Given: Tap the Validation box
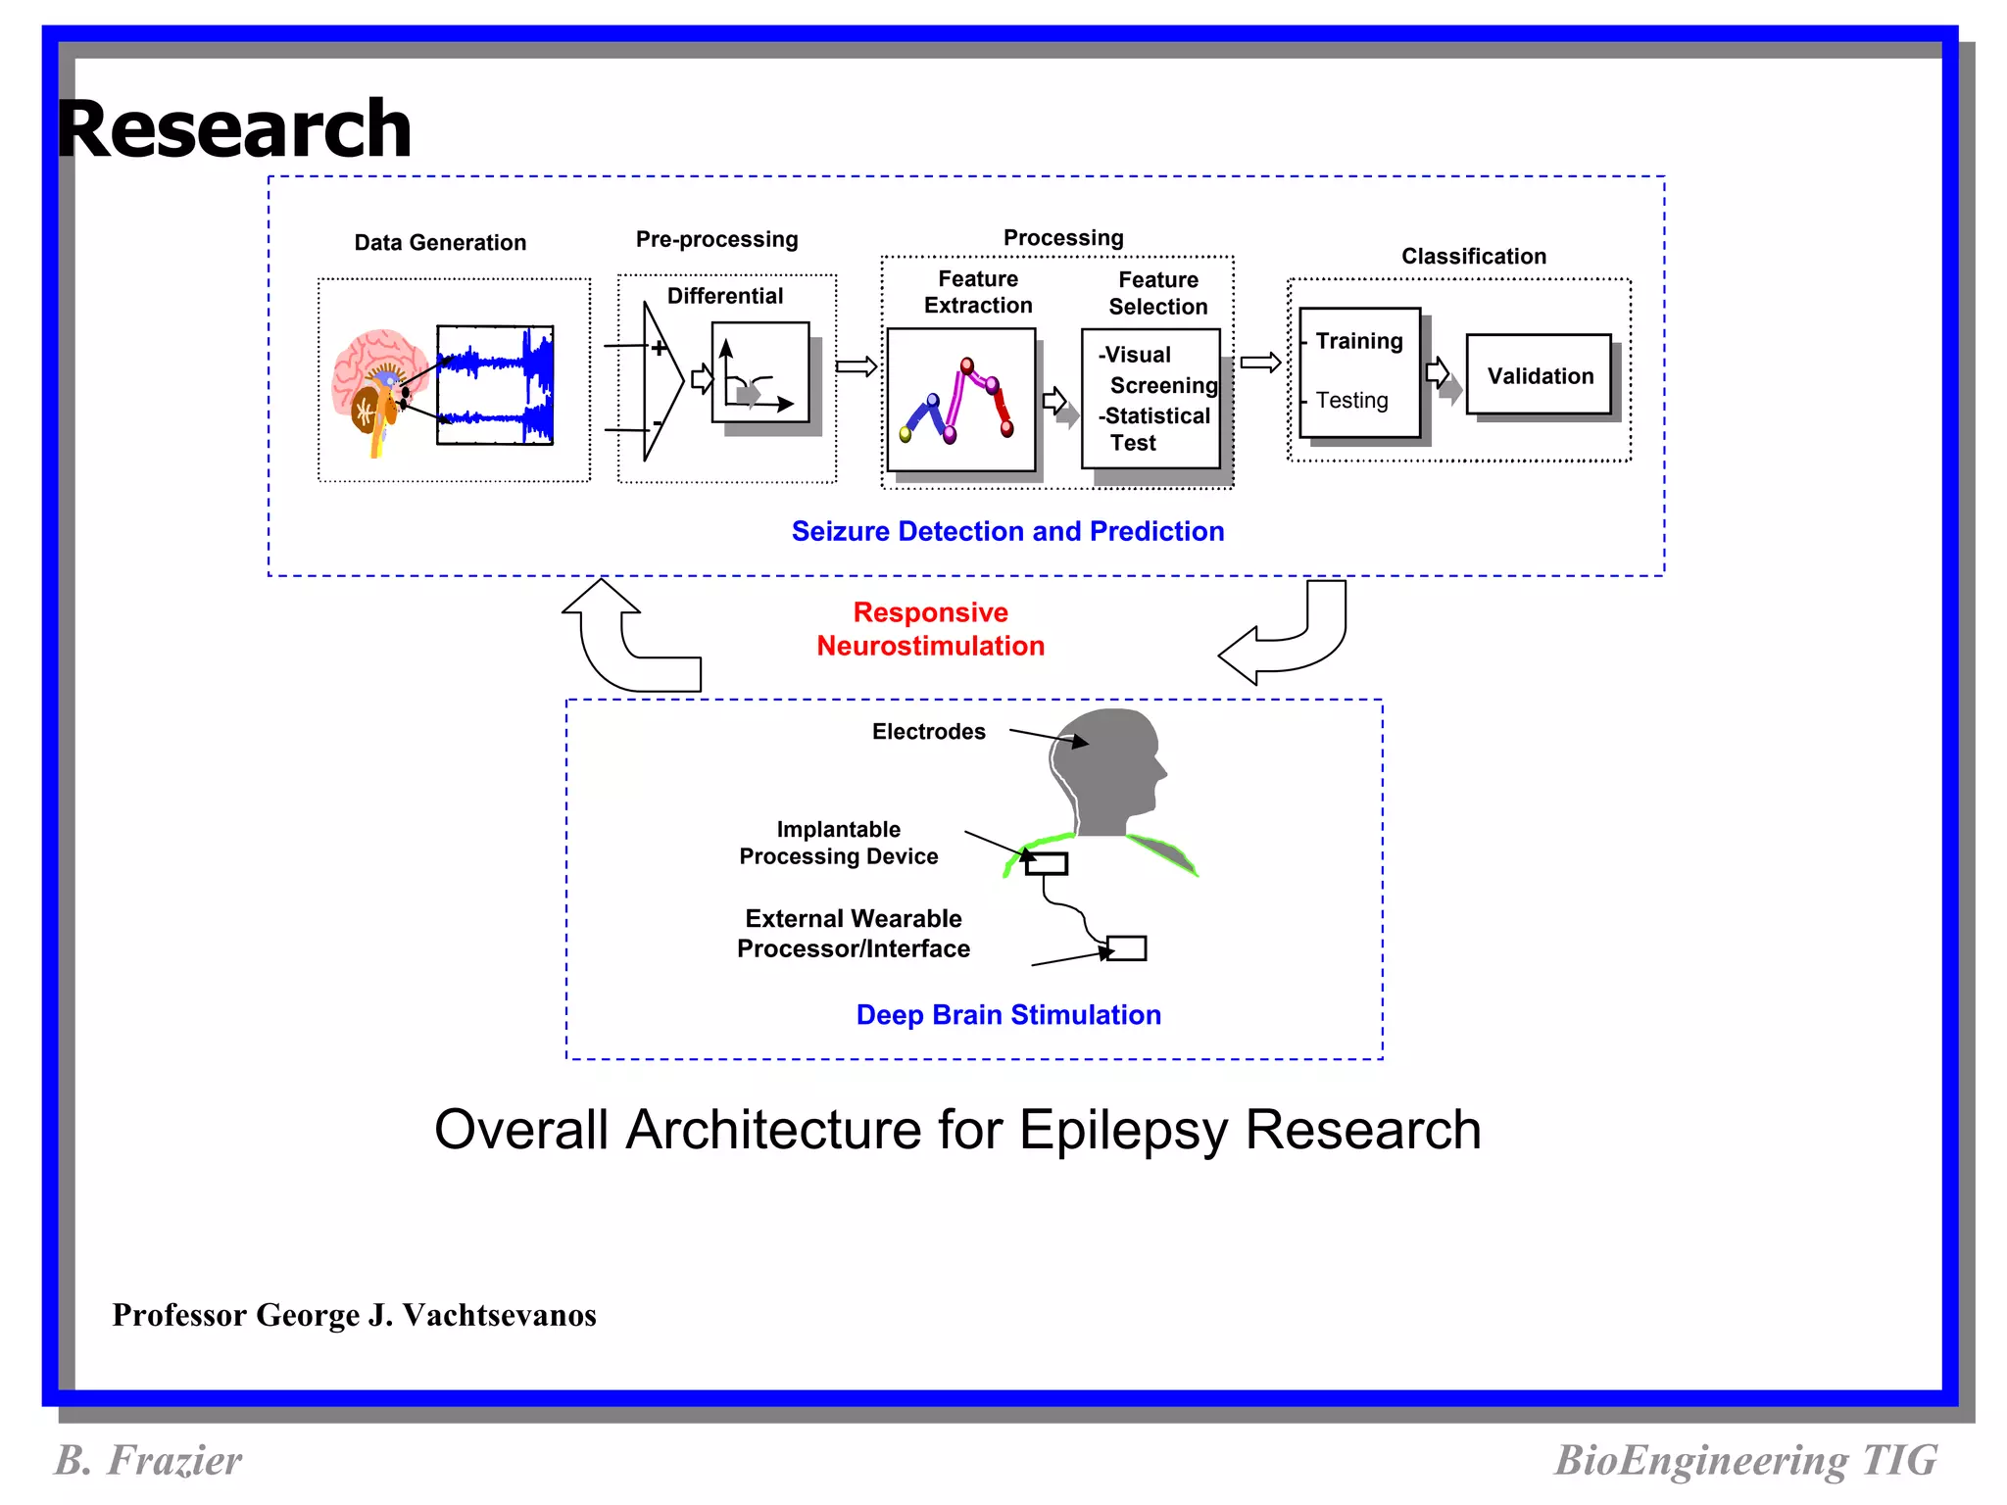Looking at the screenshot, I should click(x=1539, y=375).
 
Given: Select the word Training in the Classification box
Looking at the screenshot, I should click(x=1358, y=341).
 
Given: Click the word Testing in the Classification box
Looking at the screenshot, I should click(x=1351, y=400).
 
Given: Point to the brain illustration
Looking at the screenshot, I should click(x=377, y=387).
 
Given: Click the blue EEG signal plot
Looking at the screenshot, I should click(x=495, y=385).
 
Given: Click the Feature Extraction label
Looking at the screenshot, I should click(x=977, y=292).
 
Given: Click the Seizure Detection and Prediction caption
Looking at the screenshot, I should click(x=1007, y=531).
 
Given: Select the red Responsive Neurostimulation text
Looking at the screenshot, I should click(x=930, y=629).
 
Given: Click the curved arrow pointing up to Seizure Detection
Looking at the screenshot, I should click(x=617, y=637).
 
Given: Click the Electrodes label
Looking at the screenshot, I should click(x=928, y=732).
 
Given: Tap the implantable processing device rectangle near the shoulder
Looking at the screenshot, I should click(x=1046, y=863).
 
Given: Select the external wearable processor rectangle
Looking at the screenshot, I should click(x=1126, y=947).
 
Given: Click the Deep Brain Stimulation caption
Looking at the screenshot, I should click(x=1007, y=1015).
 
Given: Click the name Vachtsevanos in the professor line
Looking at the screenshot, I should click(x=499, y=1315).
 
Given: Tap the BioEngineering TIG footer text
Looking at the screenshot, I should click(x=1744, y=1460).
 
